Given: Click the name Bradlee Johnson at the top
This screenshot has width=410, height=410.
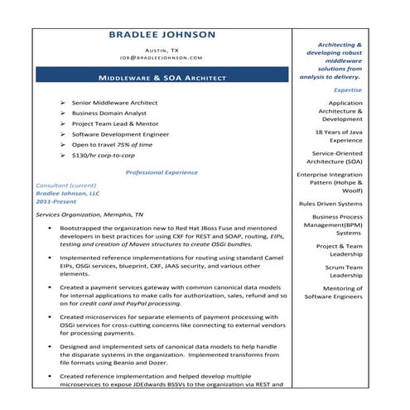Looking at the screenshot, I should [x=162, y=35].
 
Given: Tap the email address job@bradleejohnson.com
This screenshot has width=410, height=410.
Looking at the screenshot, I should [x=162, y=58].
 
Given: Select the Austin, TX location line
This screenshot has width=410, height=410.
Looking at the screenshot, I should [x=162, y=50].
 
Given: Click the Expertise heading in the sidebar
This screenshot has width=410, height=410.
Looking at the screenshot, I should [x=347, y=89].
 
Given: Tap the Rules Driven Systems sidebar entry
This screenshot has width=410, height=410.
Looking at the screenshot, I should [x=330, y=203].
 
